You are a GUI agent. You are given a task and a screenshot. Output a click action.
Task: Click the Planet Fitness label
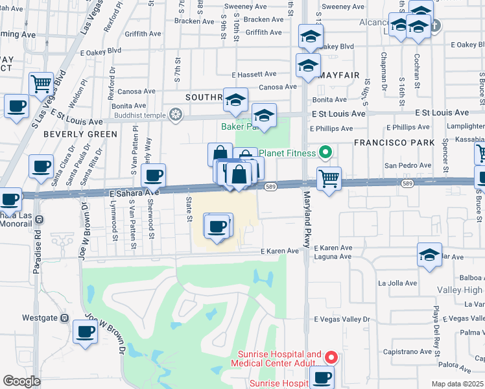pyautogui.click(x=289, y=154)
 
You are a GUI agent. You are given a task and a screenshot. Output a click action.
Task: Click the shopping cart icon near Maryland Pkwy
pyautogui.click(x=329, y=178)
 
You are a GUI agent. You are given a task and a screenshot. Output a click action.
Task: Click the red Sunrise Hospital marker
pyautogui.click(x=331, y=357)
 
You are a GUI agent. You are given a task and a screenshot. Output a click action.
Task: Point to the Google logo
pyautogui.click(x=21, y=381)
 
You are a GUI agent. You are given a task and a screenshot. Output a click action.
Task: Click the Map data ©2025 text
pyautogui.click(x=457, y=384)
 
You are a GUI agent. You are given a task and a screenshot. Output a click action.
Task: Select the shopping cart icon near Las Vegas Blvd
pyautogui.click(x=41, y=84)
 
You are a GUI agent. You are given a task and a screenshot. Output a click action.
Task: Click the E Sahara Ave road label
pyautogui.click(x=134, y=193)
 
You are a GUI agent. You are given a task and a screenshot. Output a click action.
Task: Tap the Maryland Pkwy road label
pyautogui.click(x=304, y=224)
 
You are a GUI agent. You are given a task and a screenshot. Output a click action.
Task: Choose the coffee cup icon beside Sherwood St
pyautogui.click(x=154, y=175)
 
